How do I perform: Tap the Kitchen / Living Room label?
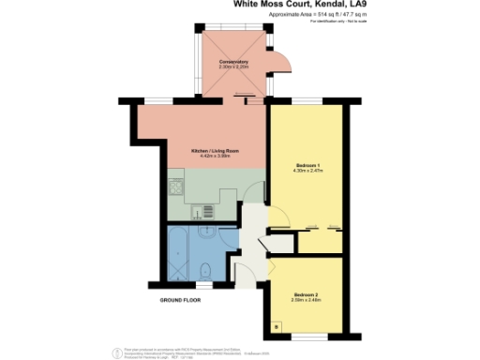coord(211,150)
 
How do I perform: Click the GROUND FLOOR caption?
coord(181,300)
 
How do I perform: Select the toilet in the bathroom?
coord(204,271)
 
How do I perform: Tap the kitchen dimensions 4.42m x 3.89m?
coord(211,157)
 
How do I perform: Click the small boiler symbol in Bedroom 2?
coord(277,325)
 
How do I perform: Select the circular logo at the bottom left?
coord(116,352)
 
